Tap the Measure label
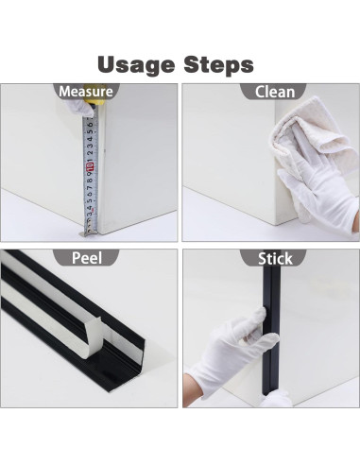click(86, 92)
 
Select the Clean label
click(274, 92)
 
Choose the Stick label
click(273, 258)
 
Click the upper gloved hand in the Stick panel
click(241, 340)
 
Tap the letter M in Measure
click(65, 92)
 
